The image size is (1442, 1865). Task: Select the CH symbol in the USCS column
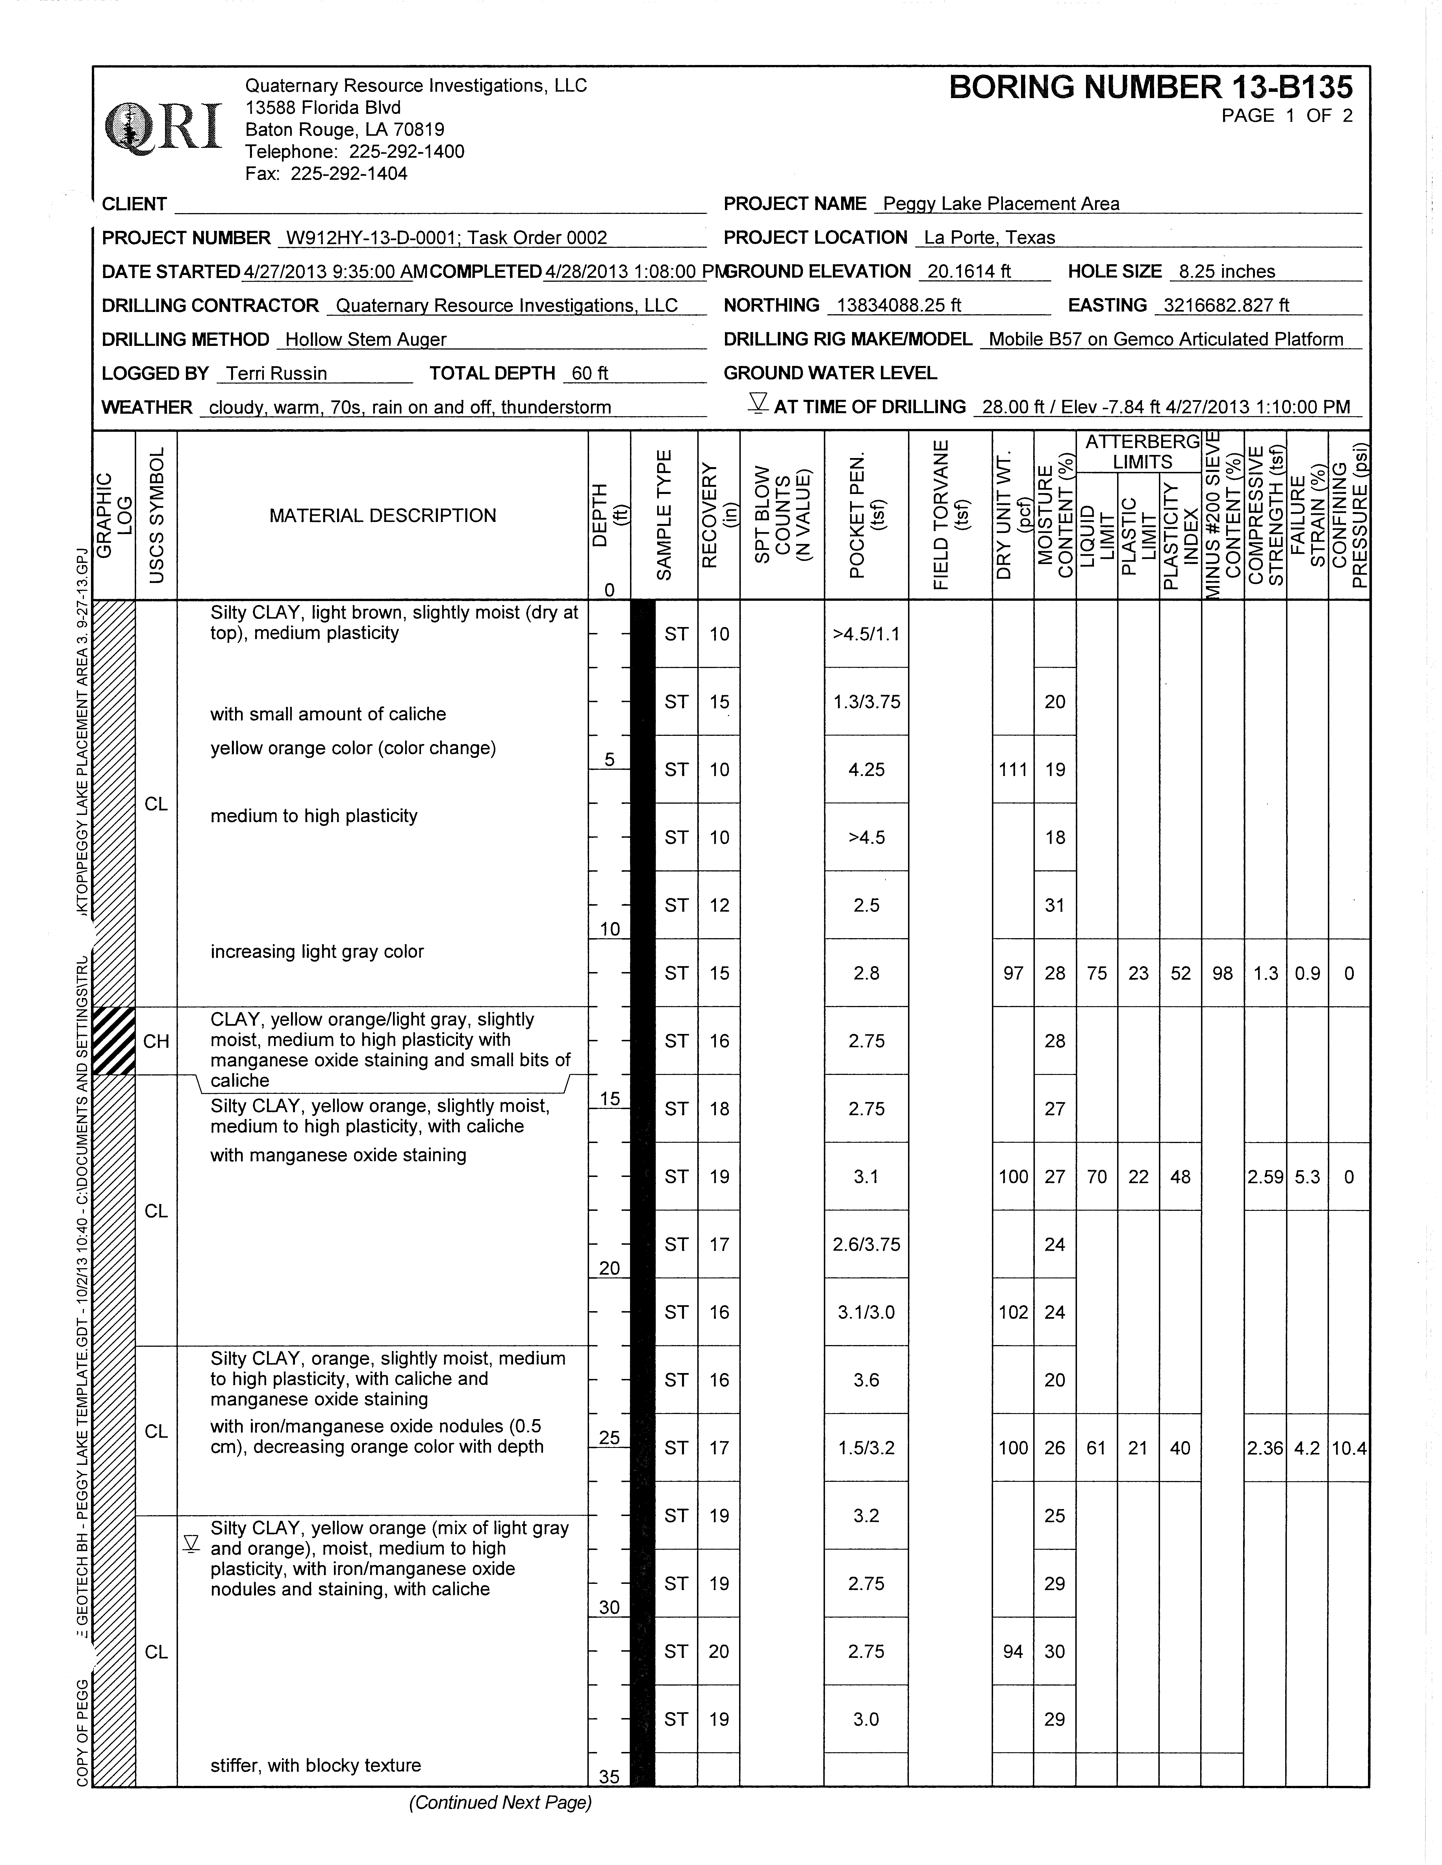coord(156,1041)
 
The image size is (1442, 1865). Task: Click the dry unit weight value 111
coord(1013,769)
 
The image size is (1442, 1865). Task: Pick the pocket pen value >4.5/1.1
coord(866,634)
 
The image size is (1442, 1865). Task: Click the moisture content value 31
coord(1054,905)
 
